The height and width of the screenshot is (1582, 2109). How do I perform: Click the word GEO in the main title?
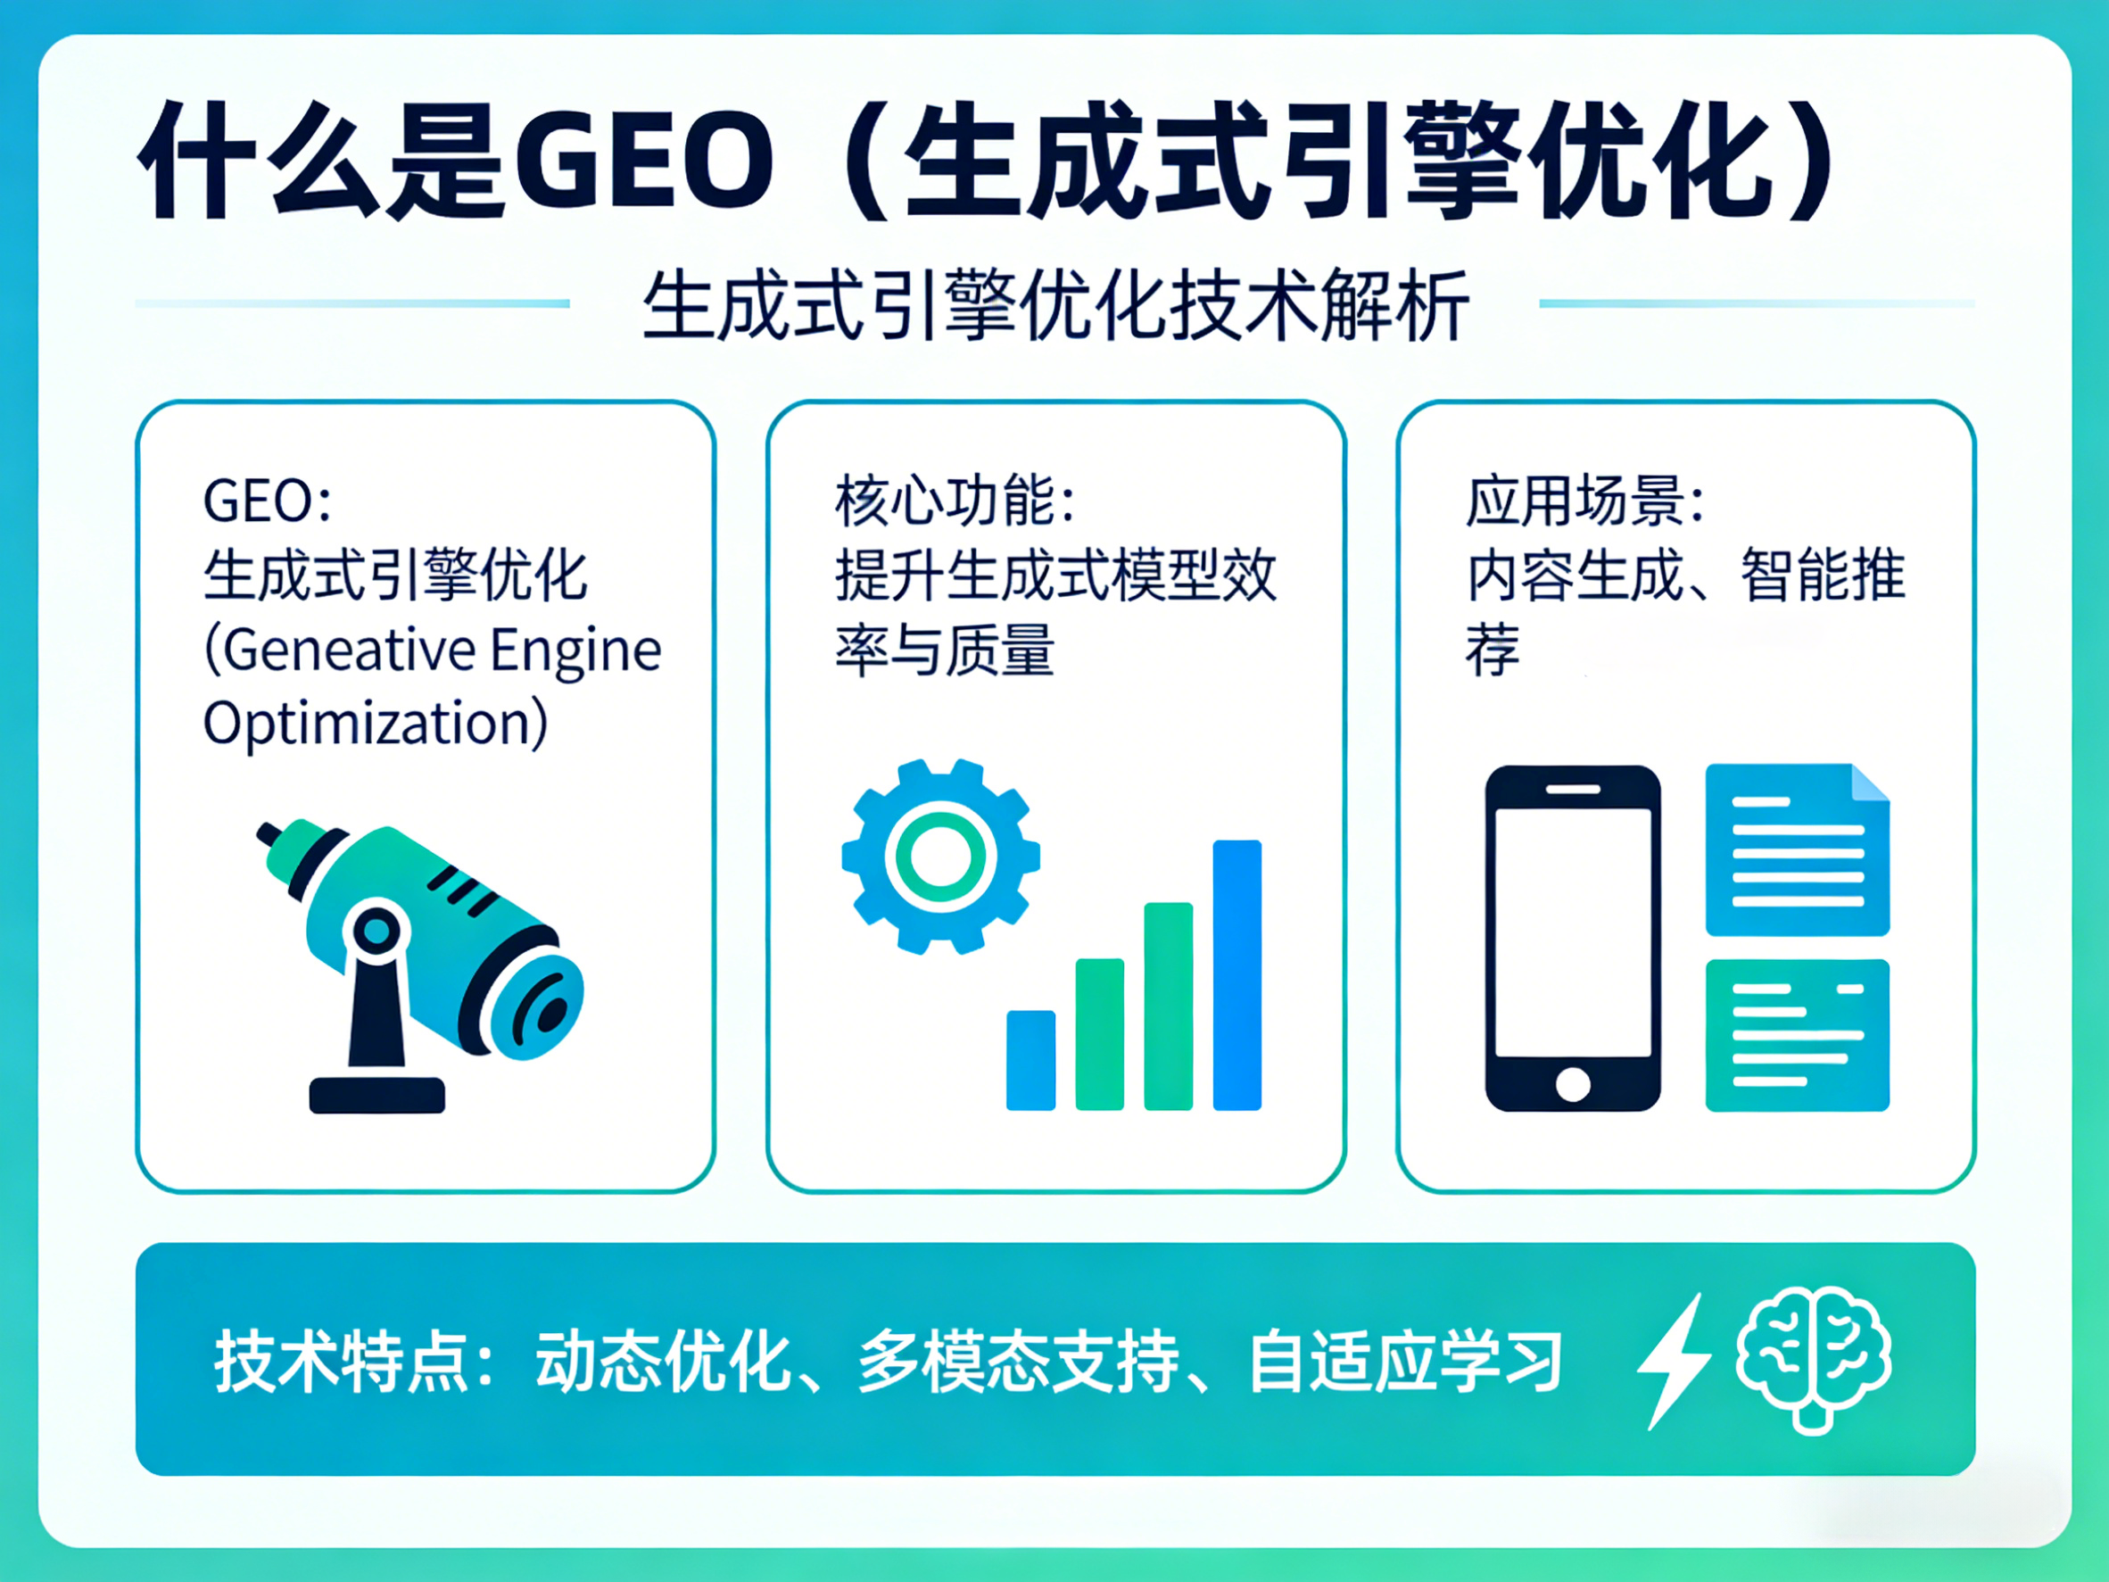click(643, 161)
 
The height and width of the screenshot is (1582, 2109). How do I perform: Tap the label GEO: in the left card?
click(267, 501)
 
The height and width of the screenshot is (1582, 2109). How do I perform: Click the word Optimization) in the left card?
click(376, 724)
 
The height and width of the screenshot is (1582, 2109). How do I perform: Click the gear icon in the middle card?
click(940, 857)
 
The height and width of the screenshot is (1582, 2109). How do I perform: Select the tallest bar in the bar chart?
click(1236, 974)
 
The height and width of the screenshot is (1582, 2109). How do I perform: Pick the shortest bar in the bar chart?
click(1030, 1059)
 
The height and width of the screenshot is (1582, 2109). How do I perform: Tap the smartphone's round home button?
click(1572, 1084)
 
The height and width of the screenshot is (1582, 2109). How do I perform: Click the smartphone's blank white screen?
click(1572, 932)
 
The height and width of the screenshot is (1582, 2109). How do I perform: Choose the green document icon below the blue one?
click(1796, 1036)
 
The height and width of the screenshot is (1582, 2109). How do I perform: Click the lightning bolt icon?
click(1675, 1361)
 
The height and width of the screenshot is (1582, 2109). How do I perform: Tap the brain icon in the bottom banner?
click(1814, 1358)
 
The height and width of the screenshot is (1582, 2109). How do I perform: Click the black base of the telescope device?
click(376, 1095)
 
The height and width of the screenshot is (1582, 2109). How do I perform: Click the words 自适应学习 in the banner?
click(1405, 1362)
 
